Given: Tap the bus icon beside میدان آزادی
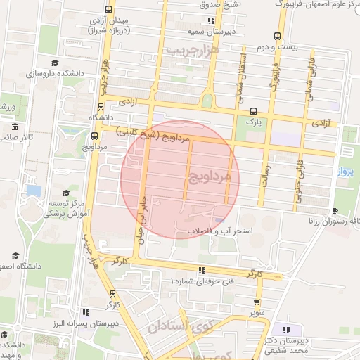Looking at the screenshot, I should pos(108,10).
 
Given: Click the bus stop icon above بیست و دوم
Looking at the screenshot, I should pos(279,36).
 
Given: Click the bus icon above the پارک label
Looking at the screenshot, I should pos(253,110).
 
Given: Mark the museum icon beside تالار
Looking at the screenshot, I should pos(15,127).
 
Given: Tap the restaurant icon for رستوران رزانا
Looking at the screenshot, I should pos(334,211).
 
